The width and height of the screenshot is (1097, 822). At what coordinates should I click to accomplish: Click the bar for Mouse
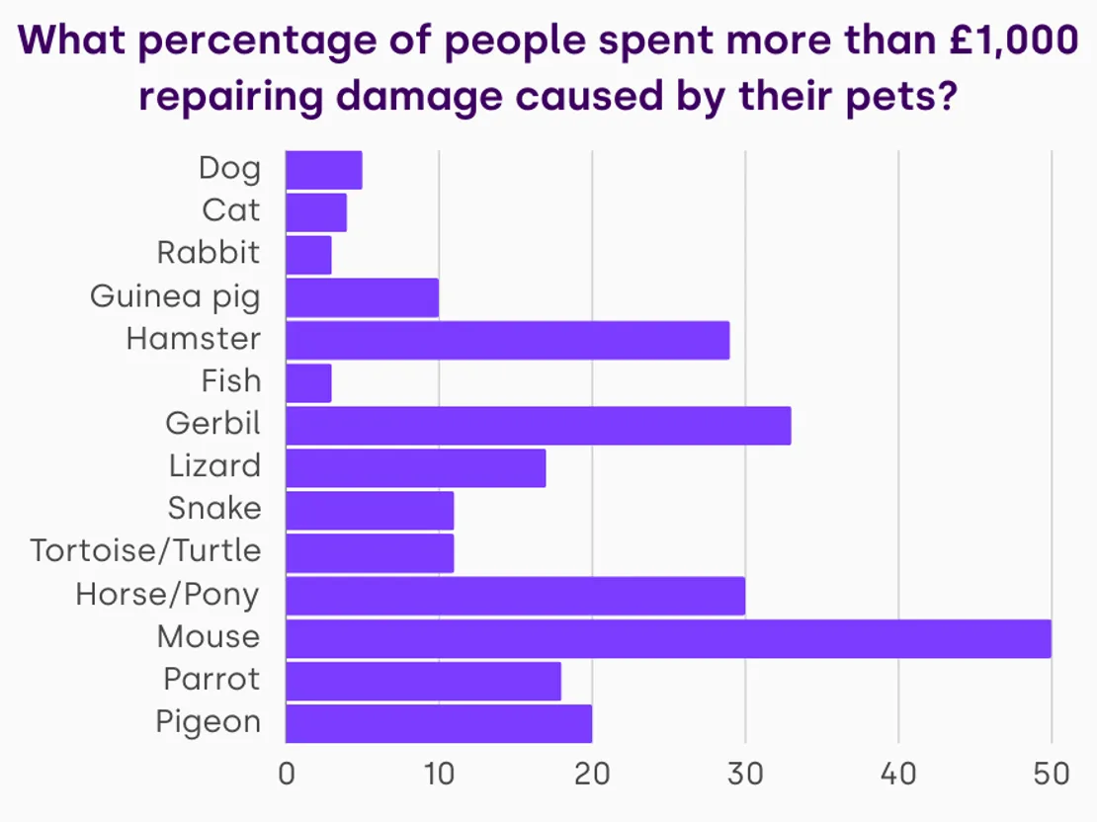click(x=668, y=638)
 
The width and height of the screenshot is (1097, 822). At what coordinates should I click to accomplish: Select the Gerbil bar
click(x=538, y=425)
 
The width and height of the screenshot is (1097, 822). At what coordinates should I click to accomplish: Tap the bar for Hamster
click(x=507, y=340)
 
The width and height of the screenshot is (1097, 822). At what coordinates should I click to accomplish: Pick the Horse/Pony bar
click(x=515, y=596)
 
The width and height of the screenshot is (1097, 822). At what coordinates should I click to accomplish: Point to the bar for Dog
click(x=323, y=170)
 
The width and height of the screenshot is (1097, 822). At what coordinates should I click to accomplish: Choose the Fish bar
click(x=308, y=382)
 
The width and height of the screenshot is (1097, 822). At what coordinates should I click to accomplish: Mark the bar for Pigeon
click(x=439, y=723)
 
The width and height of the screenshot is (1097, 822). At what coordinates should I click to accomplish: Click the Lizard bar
click(x=415, y=467)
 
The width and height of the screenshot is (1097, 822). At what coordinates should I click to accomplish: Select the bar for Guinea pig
click(x=362, y=297)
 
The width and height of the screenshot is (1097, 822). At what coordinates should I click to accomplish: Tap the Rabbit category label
click(x=209, y=253)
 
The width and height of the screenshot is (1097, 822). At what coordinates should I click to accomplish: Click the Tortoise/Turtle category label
click(x=145, y=550)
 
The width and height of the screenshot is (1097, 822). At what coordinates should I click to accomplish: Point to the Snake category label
click(x=214, y=509)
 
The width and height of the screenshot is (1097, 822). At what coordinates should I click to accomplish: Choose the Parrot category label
click(x=211, y=680)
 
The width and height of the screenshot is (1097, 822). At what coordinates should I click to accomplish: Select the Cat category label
click(x=231, y=210)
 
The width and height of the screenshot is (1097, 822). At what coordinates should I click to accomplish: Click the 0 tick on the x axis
click(x=287, y=774)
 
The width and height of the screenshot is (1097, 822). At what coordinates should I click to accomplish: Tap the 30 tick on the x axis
click(x=745, y=774)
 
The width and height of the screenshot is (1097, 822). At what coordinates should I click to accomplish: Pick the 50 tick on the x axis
click(x=1052, y=774)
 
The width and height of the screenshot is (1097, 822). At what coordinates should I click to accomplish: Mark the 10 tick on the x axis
click(x=439, y=774)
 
